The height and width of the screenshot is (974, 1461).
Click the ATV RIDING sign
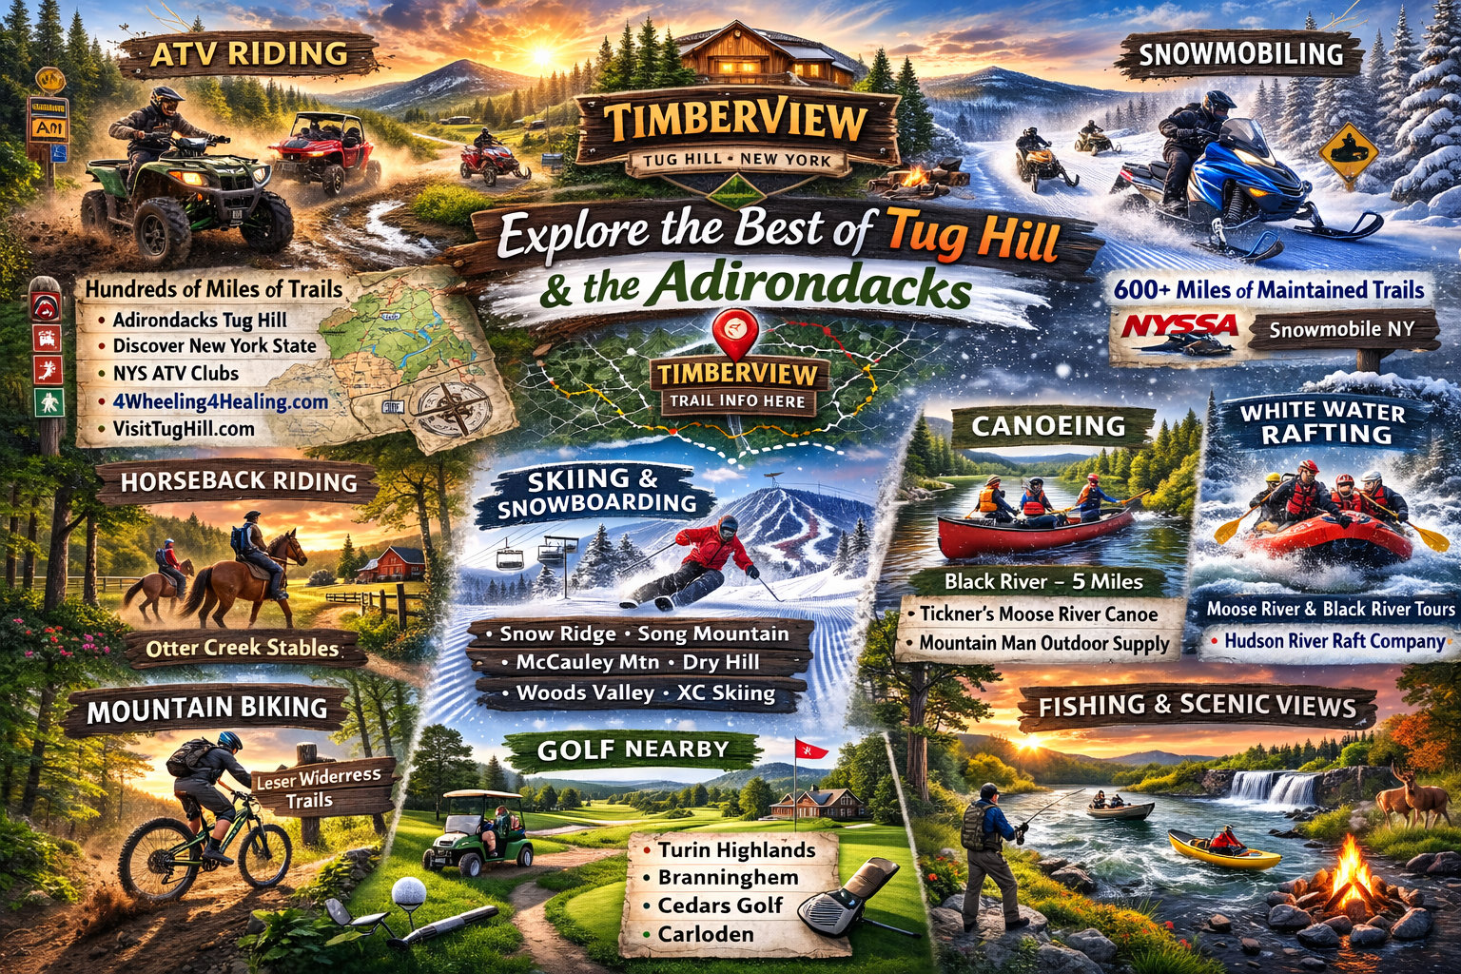(249, 54)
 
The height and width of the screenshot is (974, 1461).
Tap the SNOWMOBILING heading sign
(1240, 54)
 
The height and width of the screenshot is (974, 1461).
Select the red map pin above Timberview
(737, 328)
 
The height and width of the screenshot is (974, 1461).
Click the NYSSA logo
(1179, 327)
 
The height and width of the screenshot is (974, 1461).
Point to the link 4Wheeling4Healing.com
(220, 401)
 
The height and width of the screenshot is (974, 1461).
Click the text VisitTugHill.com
(184, 429)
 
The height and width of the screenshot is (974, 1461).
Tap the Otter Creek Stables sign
(243, 649)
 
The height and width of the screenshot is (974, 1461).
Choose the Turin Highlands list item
(736, 849)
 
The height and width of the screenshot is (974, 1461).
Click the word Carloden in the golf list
(706, 934)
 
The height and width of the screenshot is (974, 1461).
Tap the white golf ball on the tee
(409, 892)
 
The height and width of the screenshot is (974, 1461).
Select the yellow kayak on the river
(1223, 849)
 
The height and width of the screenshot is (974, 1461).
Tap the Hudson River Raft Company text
(1334, 641)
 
